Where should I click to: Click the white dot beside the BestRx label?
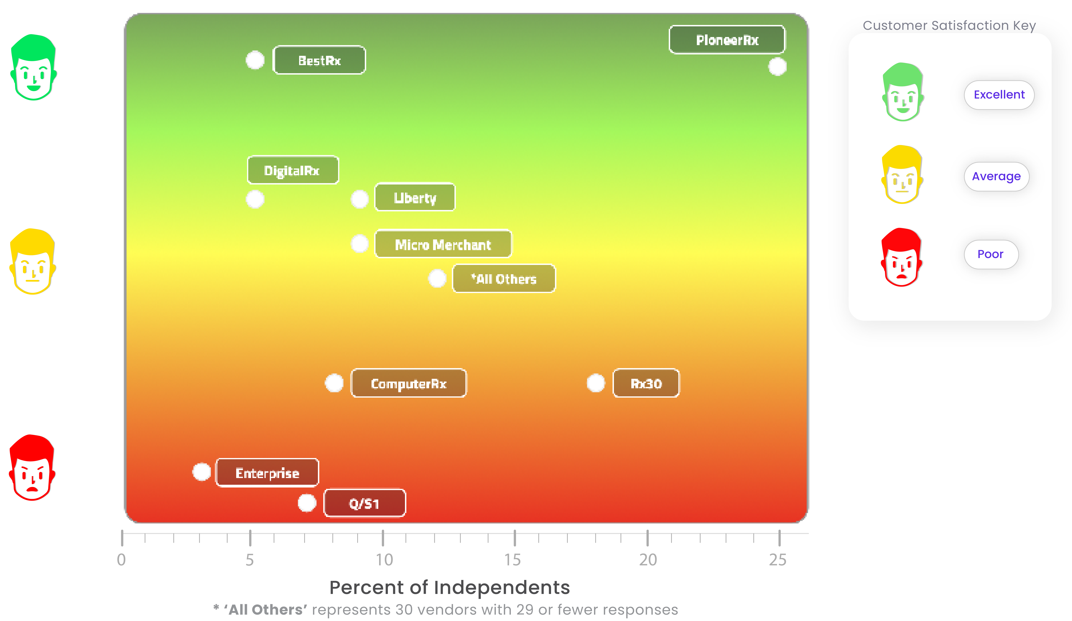pyautogui.click(x=255, y=60)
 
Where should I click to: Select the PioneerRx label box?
pyautogui.click(x=727, y=40)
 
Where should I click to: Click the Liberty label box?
pyautogui.click(x=415, y=198)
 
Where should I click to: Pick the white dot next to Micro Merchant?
pyautogui.click(x=360, y=244)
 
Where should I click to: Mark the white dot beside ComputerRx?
pyautogui.click(x=334, y=383)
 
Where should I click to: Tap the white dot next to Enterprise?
pyautogui.click(x=202, y=472)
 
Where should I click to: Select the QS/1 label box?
pyautogui.click(x=365, y=503)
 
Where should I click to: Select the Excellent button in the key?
pyautogui.click(x=999, y=95)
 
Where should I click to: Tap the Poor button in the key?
pyautogui.click(x=991, y=254)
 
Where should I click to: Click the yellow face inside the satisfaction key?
pyautogui.click(x=902, y=175)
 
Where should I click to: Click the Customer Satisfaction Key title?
pyautogui.click(x=949, y=25)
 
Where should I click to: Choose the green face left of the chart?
pyautogui.click(x=34, y=68)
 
